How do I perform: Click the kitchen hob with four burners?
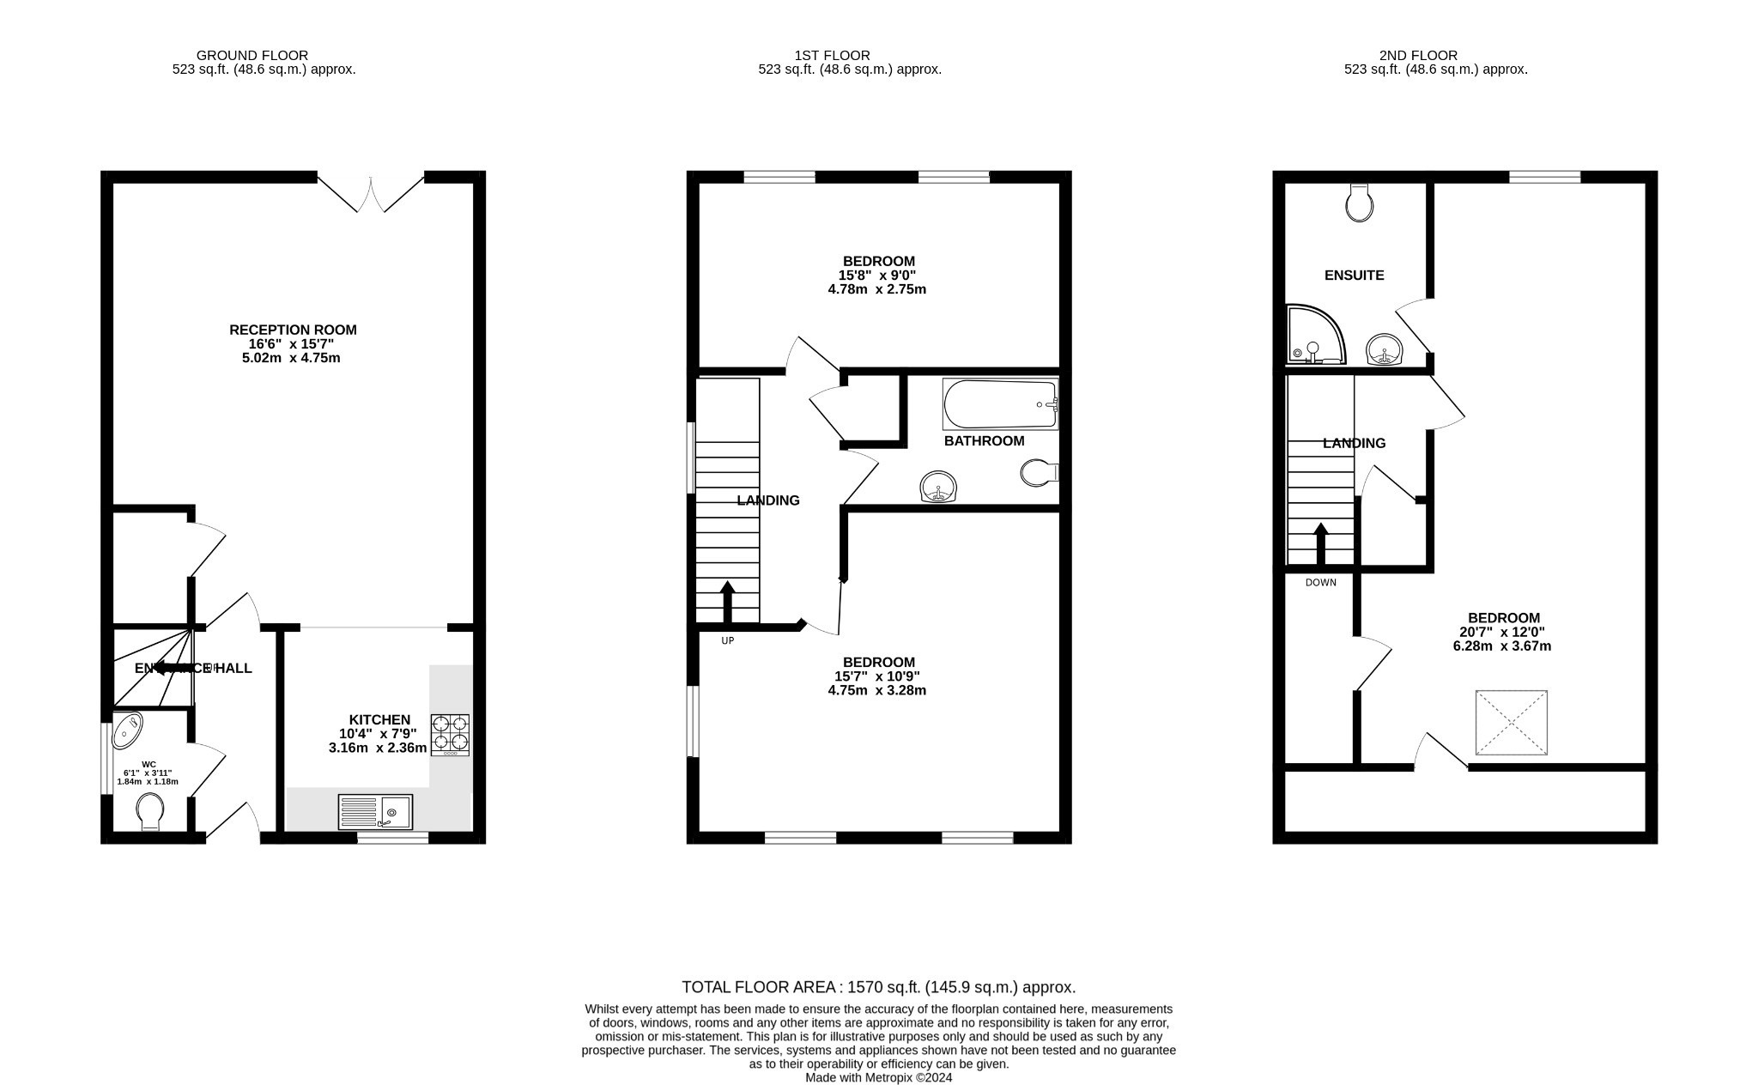pyautogui.click(x=450, y=735)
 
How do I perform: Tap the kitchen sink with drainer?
pyautogui.click(x=375, y=811)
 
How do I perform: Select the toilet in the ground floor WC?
pyautogui.click(x=150, y=811)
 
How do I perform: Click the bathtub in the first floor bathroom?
pyautogui.click(x=1000, y=404)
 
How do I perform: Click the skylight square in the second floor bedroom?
pyautogui.click(x=1511, y=723)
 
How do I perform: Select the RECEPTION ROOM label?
pyautogui.click(x=293, y=330)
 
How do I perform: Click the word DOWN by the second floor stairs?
pyautogui.click(x=1320, y=583)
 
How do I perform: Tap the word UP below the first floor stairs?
pyautogui.click(x=727, y=640)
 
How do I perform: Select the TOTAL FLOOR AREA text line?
pyautogui.click(x=878, y=987)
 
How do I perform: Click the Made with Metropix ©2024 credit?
pyautogui.click(x=878, y=1078)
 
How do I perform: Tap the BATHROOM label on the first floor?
pyautogui.click(x=984, y=441)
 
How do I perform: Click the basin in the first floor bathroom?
pyautogui.click(x=939, y=487)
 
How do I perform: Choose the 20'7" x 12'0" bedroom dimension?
pyautogui.click(x=1503, y=633)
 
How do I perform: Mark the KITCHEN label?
pyautogui.click(x=379, y=719)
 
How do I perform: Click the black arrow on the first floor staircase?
pyautogui.click(x=727, y=601)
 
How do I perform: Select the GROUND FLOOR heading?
pyautogui.click(x=252, y=56)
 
